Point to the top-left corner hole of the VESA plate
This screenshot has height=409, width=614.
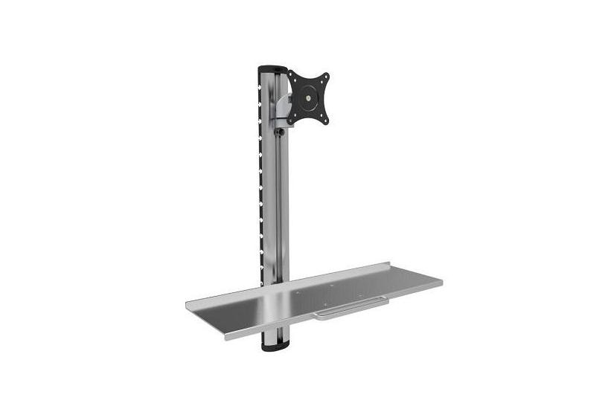coord(292,77)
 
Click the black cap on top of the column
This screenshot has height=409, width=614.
coord(270,69)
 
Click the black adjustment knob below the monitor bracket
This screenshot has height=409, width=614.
coord(278,132)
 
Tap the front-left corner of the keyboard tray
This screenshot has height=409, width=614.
coord(223,338)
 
